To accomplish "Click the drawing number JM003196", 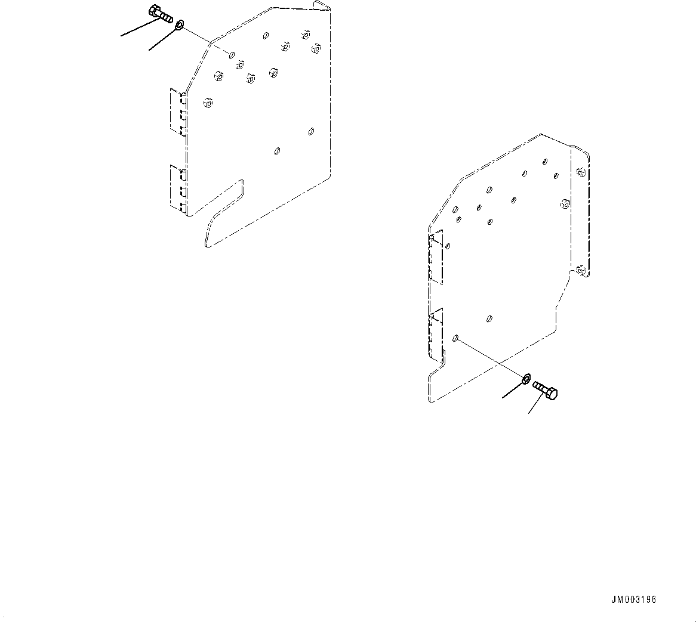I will click(633, 599).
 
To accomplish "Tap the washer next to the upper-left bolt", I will click(179, 26).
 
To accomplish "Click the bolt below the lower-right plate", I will click(546, 390).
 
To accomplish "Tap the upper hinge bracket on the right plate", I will click(436, 258).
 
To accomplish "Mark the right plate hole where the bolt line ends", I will click(455, 338).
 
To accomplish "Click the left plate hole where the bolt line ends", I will click(231, 55).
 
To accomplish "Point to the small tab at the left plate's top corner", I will click(321, 5).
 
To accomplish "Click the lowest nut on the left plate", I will click(207, 103).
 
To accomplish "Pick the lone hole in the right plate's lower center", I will click(489, 318).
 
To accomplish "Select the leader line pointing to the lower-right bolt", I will click(535, 405).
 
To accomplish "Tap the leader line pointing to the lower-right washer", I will click(512, 389).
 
